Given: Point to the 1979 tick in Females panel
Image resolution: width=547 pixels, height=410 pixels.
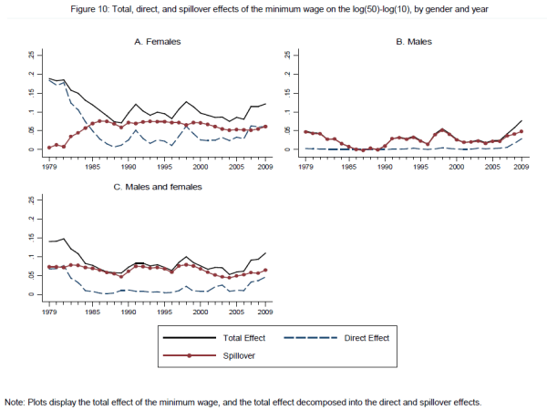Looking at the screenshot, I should tap(47, 167).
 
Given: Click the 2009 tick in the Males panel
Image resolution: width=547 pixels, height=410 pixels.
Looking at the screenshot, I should tap(521, 167).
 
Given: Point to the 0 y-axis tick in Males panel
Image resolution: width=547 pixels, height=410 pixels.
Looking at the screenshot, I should tap(286, 149).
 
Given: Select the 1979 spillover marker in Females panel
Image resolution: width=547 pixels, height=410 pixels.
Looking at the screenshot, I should tap(48, 147).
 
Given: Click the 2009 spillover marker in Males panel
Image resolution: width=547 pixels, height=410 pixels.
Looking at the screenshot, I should tap(521, 131).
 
